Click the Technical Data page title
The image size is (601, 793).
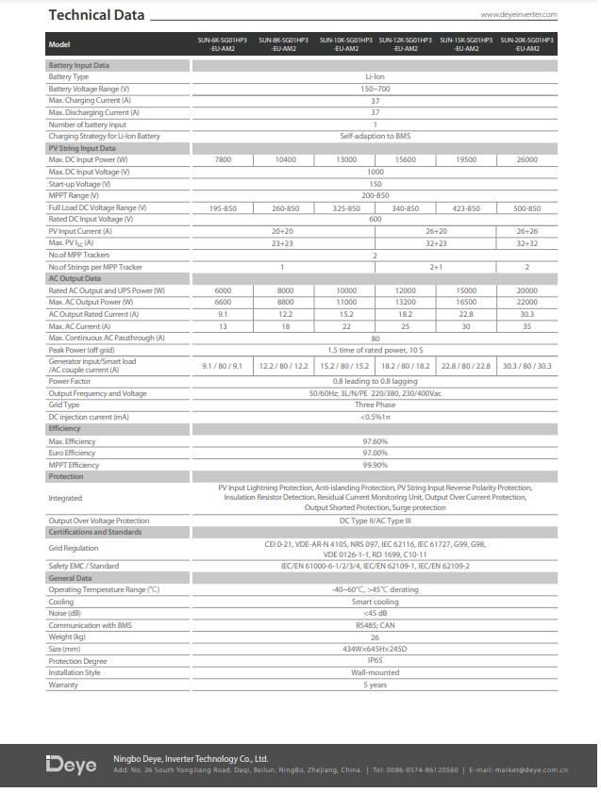pyautogui.click(x=96, y=15)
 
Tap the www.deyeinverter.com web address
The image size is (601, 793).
pyautogui.click(x=519, y=15)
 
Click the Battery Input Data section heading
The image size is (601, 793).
pyautogui.click(x=79, y=65)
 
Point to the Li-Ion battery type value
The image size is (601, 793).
pyautogui.click(x=375, y=76)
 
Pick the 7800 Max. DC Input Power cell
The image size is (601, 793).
pyautogui.click(x=223, y=160)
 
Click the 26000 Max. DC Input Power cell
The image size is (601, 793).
pyautogui.click(x=526, y=160)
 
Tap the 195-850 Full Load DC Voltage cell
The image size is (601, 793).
pyautogui.click(x=223, y=207)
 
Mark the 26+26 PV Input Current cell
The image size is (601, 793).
pyautogui.click(x=526, y=231)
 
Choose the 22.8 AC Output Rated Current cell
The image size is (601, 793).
pyautogui.click(x=466, y=314)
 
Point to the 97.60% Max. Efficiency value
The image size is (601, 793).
pyautogui.click(x=375, y=441)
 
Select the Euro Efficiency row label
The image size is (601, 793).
pyautogui.click(x=73, y=453)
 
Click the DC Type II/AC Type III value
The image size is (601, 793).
pyautogui.click(x=375, y=520)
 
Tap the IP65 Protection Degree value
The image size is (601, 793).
pyautogui.click(x=375, y=661)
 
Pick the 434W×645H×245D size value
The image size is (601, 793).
pyautogui.click(x=375, y=650)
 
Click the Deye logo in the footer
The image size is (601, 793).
pyautogui.click(x=72, y=765)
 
